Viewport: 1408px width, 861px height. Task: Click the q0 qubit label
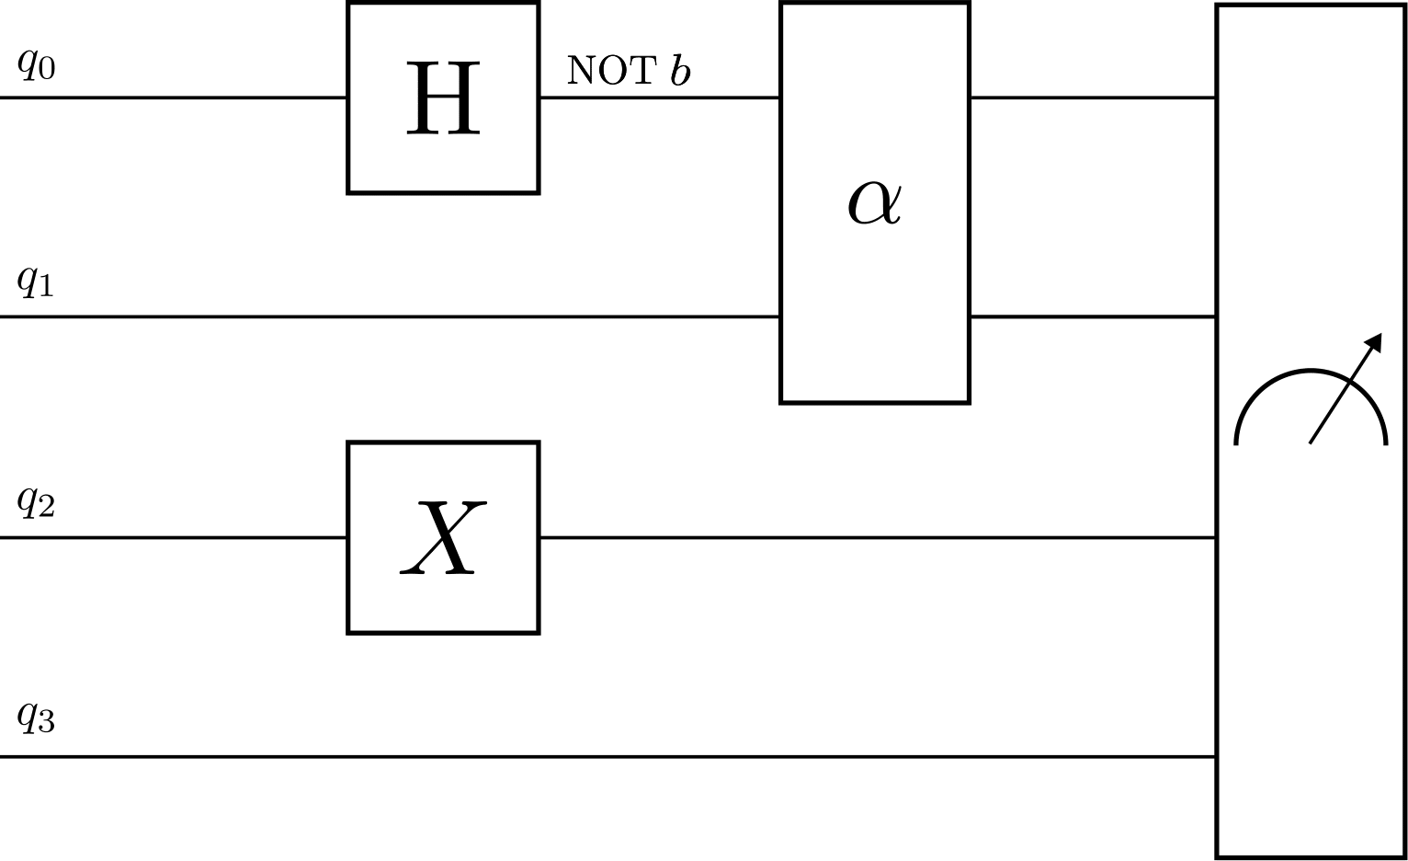point(36,64)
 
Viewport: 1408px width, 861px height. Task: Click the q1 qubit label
point(36,281)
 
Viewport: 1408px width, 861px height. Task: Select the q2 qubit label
point(36,502)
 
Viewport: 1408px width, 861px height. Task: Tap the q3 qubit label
point(36,717)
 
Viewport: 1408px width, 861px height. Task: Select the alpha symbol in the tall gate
point(874,202)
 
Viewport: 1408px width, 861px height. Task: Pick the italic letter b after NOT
point(680,70)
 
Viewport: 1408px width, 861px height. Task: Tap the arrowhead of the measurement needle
point(1373,343)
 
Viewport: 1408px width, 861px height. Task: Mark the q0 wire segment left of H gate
point(175,97)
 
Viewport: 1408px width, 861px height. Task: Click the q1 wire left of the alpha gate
point(386,316)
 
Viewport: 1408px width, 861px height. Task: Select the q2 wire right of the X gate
point(873,537)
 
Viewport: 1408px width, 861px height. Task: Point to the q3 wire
point(607,757)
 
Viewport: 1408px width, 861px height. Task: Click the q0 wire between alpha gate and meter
point(1094,97)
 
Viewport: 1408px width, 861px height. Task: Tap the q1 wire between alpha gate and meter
point(1094,316)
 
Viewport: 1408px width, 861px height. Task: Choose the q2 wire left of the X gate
point(175,537)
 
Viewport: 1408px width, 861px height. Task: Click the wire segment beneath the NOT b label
point(658,97)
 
